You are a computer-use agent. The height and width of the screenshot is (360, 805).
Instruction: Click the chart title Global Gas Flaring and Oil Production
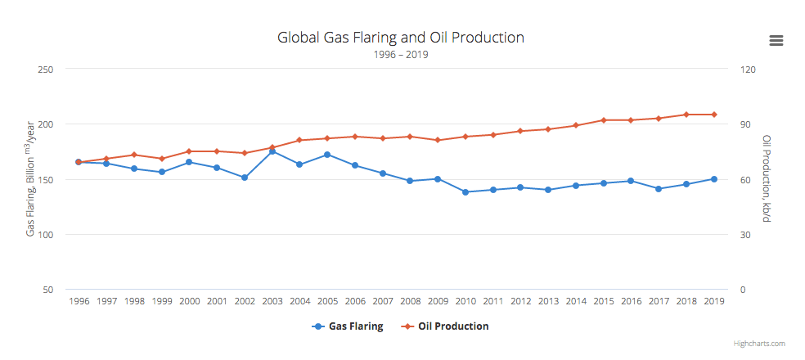pyautogui.click(x=400, y=38)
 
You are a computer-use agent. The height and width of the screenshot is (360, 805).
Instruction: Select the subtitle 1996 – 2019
pyautogui.click(x=400, y=55)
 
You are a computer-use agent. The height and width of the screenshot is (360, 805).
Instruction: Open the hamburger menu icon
pyautogui.click(x=776, y=41)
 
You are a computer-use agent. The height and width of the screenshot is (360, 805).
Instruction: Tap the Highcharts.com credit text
pyautogui.click(x=759, y=344)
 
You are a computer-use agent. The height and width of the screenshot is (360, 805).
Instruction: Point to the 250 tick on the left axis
pyautogui.click(x=47, y=70)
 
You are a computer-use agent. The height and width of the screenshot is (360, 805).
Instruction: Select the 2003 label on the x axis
pyautogui.click(x=272, y=301)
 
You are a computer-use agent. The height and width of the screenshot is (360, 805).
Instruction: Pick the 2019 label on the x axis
pyautogui.click(x=714, y=301)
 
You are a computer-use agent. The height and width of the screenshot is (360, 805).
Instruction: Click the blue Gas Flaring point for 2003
pyautogui.click(x=272, y=151)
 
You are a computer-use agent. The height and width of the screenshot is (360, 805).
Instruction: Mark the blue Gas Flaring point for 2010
pyautogui.click(x=465, y=192)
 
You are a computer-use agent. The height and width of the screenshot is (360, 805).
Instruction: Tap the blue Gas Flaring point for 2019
pyautogui.click(x=714, y=179)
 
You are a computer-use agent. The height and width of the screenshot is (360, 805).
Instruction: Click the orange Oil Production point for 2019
pyautogui.click(x=714, y=115)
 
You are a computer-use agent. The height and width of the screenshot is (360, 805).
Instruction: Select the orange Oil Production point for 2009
pyautogui.click(x=438, y=140)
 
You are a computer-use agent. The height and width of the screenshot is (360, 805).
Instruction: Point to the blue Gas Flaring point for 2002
pyautogui.click(x=245, y=178)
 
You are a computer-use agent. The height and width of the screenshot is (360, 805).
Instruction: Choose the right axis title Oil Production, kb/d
pyautogui.click(x=767, y=179)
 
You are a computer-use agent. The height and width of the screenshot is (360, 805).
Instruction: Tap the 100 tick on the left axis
pyautogui.click(x=47, y=235)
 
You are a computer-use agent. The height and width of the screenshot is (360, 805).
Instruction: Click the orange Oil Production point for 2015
pyautogui.click(x=604, y=120)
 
